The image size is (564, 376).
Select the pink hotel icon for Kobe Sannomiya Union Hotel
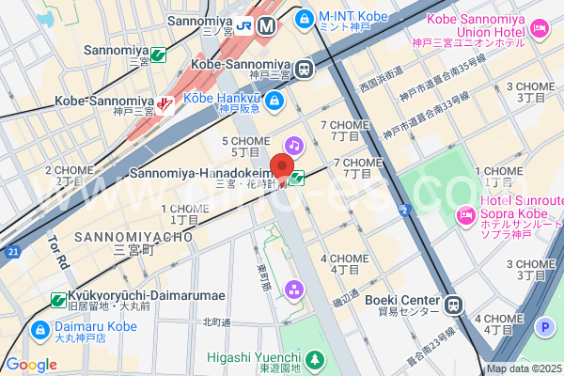(x=539, y=29)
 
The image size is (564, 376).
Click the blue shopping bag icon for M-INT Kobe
(x=304, y=17)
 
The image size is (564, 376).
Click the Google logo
(x=31, y=365)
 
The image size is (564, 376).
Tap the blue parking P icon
(x=542, y=327)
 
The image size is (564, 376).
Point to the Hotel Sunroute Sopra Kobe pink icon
(x=464, y=216)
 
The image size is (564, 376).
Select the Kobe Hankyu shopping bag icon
(x=274, y=100)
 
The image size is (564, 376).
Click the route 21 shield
(x=12, y=252)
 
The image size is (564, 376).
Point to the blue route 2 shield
(x=403, y=209)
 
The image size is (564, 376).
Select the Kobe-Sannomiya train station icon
(x=304, y=68)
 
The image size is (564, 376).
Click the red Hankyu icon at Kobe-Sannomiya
(x=166, y=104)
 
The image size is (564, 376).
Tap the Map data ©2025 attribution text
(x=523, y=368)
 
